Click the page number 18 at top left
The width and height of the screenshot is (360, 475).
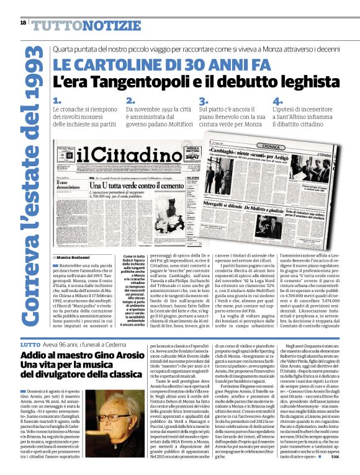click(x=23, y=22)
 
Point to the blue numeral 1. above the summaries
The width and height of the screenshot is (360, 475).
click(x=57, y=100)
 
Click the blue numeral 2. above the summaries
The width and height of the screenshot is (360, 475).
click(x=130, y=100)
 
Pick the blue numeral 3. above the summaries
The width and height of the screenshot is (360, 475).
click(x=203, y=100)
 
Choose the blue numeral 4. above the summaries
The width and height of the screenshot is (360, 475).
click(x=277, y=100)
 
